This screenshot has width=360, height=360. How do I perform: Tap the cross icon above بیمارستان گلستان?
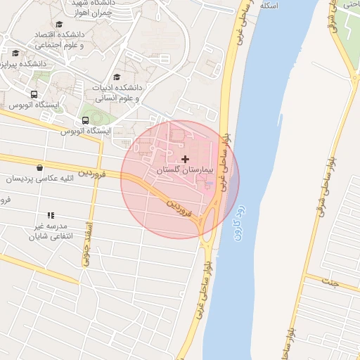point(185,160)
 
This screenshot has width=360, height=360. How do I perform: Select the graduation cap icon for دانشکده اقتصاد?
point(59,25)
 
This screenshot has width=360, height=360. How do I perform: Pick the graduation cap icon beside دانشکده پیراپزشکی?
point(15,53)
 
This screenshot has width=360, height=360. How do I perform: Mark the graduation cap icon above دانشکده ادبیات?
point(117,77)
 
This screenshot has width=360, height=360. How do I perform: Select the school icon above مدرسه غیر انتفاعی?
point(50,215)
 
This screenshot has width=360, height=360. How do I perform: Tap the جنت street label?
point(327,282)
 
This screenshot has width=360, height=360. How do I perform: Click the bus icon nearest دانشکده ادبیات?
point(86,119)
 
